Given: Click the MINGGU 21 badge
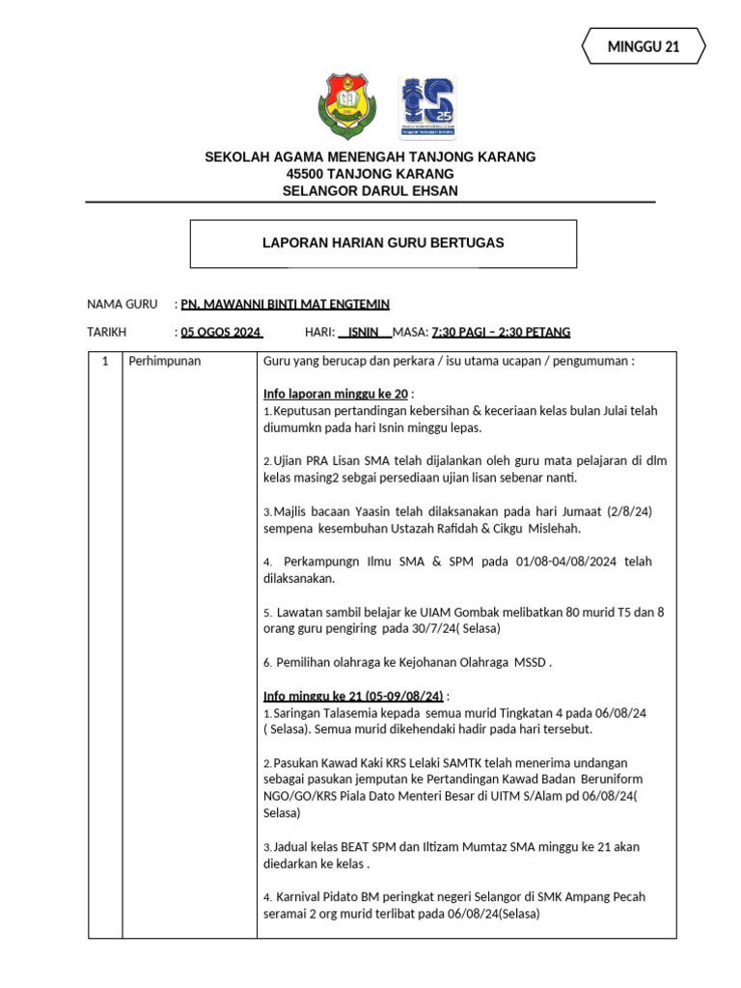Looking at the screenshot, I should click(x=644, y=46).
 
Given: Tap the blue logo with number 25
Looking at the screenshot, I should click(x=427, y=106).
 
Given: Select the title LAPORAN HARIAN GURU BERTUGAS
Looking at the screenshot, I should click(x=383, y=243).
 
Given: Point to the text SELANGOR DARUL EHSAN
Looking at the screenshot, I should click(x=370, y=191).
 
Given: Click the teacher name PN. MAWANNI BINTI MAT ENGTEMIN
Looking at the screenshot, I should click(x=286, y=304).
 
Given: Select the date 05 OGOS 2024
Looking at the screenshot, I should click(x=221, y=332).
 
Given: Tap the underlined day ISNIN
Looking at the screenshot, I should click(x=364, y=332).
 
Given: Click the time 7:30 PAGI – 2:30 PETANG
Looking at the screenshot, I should click(x=501, y=332).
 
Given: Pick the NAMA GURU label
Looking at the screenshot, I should click(x=122, y=304).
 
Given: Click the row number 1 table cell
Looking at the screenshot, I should click(x=104, y=361).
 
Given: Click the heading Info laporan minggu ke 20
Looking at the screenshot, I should click(x=336, y=394).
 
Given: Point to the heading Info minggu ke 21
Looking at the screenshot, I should click(x=353, y=695).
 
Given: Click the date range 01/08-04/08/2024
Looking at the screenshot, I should click(x=547, y=562).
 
